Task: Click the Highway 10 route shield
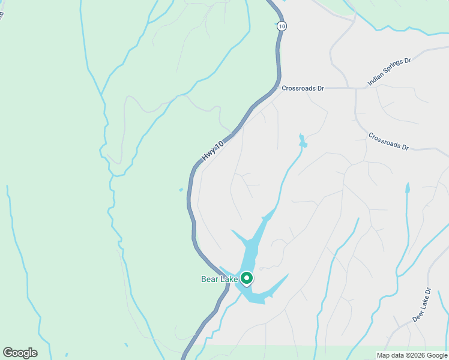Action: pos(282,26)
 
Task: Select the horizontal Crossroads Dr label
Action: pos(303,88)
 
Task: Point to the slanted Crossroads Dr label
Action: pos(388,141)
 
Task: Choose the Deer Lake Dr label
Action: pos(422,305)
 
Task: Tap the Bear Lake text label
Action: pos(218,279)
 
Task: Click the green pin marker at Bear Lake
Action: pos(246,278)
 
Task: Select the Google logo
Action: pos(20,353)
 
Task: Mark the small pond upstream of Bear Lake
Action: pos(303,142)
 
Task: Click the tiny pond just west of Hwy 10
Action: pos(181,190)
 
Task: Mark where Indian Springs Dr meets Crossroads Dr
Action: pos(356,89)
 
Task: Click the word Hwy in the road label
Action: pos(208,155)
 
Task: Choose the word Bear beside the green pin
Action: pos(209,279)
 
